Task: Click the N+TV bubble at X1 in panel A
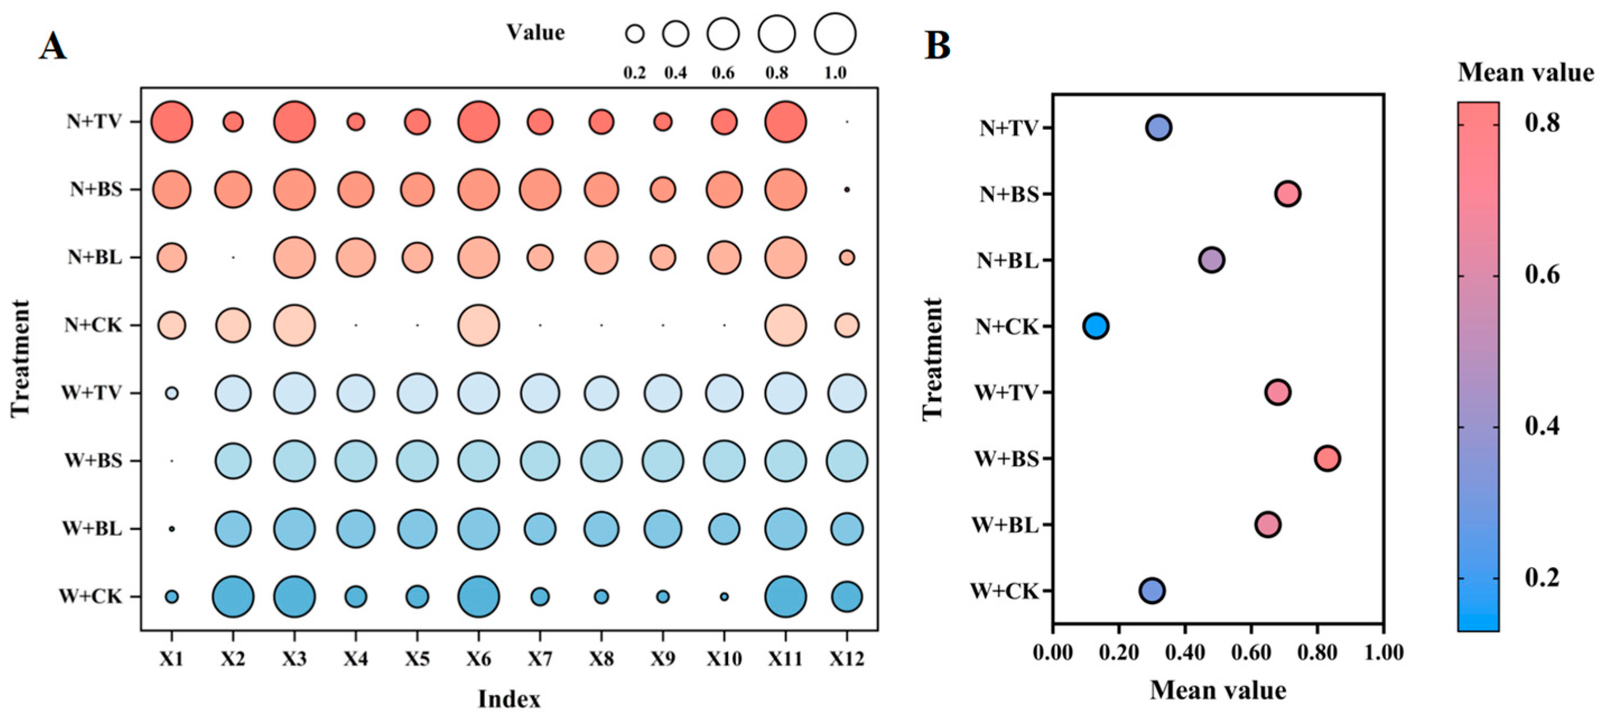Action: (x=171, y=122)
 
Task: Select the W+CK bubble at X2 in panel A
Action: (x=233, y=596)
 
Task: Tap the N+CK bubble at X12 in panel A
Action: (x=846, y=325)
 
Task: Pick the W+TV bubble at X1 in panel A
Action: (x=171, y=393)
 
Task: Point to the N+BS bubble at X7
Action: (x=540, y=189)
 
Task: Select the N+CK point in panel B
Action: (x=1096, y=326)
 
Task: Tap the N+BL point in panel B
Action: (x=1211, y=260)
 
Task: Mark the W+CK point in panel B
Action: (x=1152, y=590)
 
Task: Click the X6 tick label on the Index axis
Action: (x=478, y=658)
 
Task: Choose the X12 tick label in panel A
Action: (x=846, y=658)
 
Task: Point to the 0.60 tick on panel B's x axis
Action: (x=1251, y=652)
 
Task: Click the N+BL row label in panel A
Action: (x=95, y=257)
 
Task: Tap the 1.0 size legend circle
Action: (x=835, y=34)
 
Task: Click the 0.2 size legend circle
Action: (x=635, y=34)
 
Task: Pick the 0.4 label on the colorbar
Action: (x=1542, y=427)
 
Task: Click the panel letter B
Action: (x=937, y=45)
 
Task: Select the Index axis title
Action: (x=509, y=699)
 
